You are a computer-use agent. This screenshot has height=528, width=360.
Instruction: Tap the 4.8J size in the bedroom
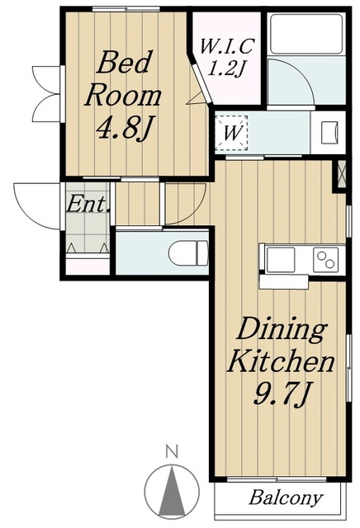pos(123,128)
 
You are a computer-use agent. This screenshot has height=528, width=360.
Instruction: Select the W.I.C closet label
pos(226,46)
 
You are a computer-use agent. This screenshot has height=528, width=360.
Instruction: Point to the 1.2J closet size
pos(226,68)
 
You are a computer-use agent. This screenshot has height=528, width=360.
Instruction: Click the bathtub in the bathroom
pos(306,34)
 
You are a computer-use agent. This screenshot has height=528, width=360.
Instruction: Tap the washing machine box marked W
pos(231,133)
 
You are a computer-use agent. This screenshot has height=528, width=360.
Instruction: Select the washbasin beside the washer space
pos(329,132)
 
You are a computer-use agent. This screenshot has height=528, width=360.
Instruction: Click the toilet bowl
pos(188,253)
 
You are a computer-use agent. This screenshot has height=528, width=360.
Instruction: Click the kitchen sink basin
pos(280,260)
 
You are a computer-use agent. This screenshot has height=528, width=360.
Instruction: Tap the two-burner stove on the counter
pos(325,260)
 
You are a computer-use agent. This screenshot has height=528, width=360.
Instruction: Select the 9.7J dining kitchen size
pos(281,394)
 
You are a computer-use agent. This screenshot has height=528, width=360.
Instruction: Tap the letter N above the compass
pos(172,451)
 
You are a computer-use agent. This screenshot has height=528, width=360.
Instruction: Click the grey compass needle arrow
pos(172,493)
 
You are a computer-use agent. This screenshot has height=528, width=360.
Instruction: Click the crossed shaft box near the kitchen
pos(342,175)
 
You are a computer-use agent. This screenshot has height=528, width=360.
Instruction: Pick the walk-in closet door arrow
pos(197,99)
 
